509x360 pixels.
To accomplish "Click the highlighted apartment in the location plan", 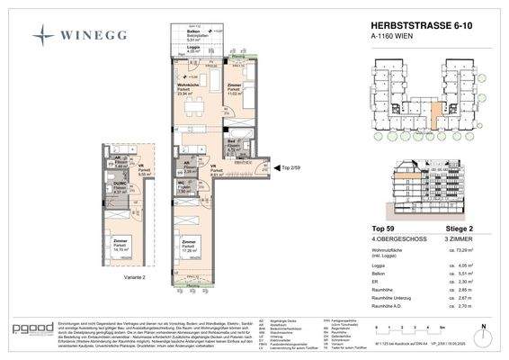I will point(434,115).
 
